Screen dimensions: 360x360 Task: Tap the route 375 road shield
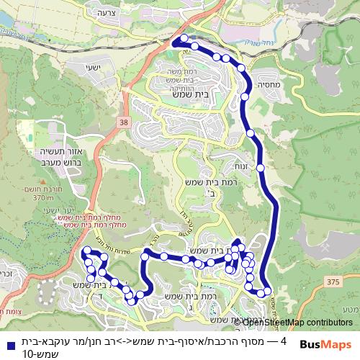coord(330,282)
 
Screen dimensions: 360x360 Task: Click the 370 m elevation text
coord(43,198)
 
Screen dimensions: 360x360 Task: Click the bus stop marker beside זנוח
coord(261,167)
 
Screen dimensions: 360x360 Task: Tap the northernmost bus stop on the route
coord(184,38)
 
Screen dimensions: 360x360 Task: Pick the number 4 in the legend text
coord(283,341)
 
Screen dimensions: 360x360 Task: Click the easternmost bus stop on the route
coord(267,291)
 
